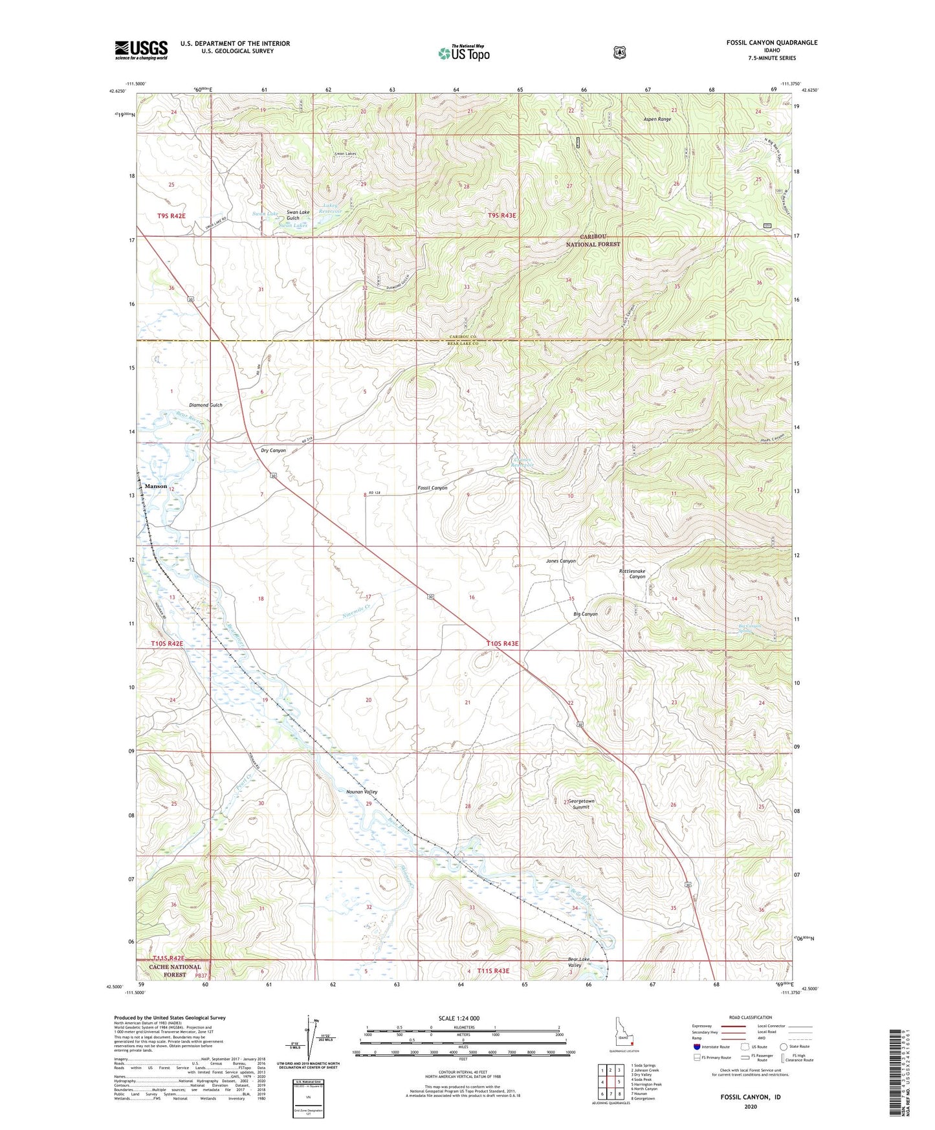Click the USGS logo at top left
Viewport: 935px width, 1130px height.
point(141,50)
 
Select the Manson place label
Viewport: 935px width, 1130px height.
point(155,486)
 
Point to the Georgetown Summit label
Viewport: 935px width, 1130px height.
point(581,804)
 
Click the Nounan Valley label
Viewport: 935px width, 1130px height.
point(362,792)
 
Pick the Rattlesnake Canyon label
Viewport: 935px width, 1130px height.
point(632,574)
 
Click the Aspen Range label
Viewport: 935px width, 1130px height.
point(657,119)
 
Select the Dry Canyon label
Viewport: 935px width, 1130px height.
point(273,450)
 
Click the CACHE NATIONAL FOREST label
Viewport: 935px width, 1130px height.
point(175,971)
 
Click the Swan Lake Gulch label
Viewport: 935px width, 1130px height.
point(298,215)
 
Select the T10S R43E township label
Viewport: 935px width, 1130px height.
point(503,643)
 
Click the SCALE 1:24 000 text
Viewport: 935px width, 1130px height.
point(459,1018)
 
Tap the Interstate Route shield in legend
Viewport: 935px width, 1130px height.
point(696,1047)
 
